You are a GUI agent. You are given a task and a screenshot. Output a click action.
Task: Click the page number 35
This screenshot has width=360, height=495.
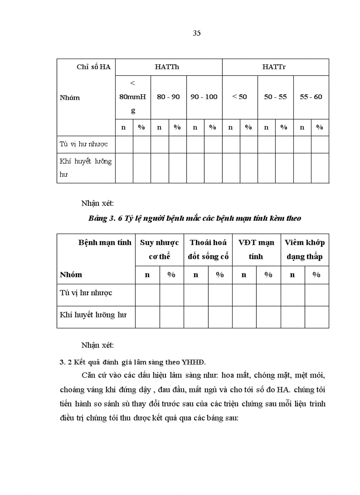coord(197,33)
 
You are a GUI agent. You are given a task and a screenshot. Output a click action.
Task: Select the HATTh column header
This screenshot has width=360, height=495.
coord(169,67)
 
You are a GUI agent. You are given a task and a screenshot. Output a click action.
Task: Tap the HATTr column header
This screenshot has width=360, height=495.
coord(275,67)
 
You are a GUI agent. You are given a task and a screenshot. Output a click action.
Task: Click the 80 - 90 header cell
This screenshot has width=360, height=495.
coord(169,97)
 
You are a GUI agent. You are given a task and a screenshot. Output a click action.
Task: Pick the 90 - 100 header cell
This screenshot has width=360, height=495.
coord(204,97)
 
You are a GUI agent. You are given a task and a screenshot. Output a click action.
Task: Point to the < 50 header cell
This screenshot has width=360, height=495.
coord(240,97)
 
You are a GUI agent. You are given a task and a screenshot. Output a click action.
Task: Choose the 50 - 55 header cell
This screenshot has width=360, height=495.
coord(275,97)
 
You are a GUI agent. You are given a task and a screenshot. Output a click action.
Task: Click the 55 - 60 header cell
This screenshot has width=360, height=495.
coord(311,97)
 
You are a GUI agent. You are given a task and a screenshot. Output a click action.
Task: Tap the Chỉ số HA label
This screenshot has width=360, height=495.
coord(94,67)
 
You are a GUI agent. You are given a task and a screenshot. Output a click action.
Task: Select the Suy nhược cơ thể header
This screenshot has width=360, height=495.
coord(159,249)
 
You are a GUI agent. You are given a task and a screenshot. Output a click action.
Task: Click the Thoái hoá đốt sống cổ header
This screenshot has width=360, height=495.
coord(208,249)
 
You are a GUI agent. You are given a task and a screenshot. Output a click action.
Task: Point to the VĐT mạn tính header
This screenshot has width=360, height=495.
coord(256,249)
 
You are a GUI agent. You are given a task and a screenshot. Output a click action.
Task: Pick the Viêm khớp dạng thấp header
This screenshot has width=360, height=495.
coord(305,249)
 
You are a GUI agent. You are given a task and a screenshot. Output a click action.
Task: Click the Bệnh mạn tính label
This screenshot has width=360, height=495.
coord(105,242)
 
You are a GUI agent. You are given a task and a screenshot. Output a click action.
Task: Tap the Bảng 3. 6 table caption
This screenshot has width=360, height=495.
coord(195,218)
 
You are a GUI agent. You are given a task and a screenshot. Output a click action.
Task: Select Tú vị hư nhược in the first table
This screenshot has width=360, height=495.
coord(84,144)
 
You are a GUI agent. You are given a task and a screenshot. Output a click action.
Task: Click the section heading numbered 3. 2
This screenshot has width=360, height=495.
coord(133,362)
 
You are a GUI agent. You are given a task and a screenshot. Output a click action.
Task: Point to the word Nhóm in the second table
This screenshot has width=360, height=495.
coord(71,275)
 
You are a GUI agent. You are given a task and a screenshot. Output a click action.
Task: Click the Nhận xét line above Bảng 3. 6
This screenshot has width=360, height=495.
coord(97,203)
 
